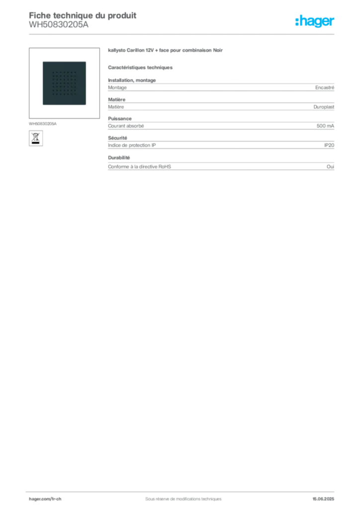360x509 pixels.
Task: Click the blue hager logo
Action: point(315,22)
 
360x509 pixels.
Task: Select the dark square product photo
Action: point(64,83)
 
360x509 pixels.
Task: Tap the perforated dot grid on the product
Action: point(64,83)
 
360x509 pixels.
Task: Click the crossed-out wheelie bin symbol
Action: point(36,137)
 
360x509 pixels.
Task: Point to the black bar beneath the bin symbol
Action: point(36,143)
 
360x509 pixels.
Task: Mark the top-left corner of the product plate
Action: point(41,61)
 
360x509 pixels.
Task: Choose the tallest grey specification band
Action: point(220,87)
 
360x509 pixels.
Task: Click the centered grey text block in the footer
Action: point(179,496)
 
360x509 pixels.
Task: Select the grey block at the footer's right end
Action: point(327,496)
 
